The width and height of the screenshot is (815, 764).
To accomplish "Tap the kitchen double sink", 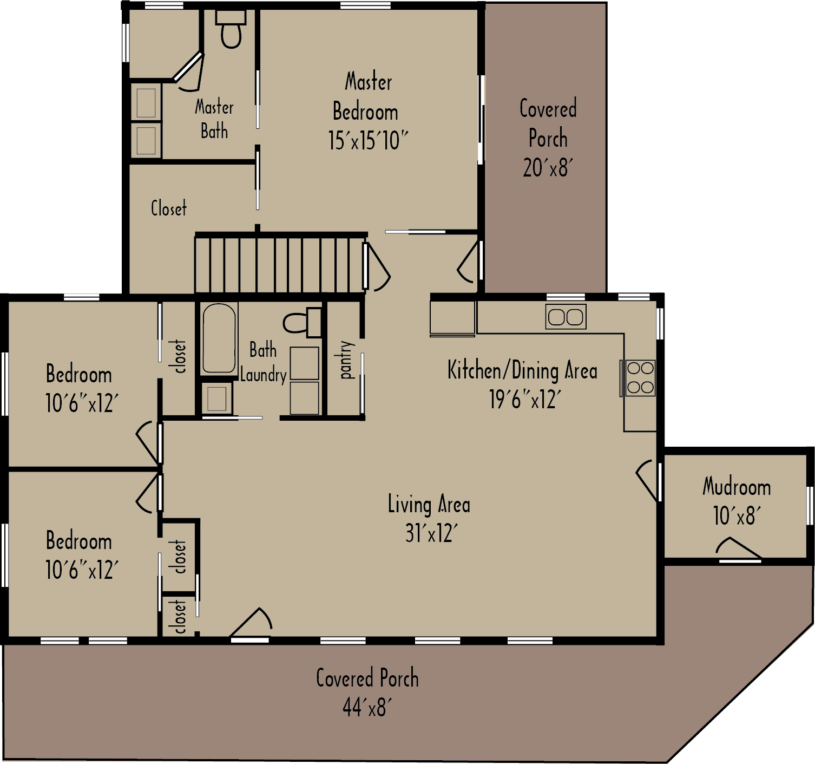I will pyautogui.click(x=566, y=317).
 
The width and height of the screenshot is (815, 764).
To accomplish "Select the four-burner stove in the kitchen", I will pyautogui.click(x=640, y=378).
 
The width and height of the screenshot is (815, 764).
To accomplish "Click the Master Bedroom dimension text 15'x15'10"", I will pyautogui.click(x=367, y=141).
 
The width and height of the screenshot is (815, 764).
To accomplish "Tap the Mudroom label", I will pyautogui.click(x=737, y=487).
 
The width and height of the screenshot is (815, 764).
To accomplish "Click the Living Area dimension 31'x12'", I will pyautogui.click(x=431, y=533).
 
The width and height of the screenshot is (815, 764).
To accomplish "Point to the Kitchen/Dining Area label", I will pyautogui.click(x=522, y=371).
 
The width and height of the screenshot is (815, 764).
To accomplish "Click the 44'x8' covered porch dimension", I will pyautogui.click(x=367, y=707).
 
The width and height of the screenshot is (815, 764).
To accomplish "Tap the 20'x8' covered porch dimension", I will pyautogui.click(x=548, y=168).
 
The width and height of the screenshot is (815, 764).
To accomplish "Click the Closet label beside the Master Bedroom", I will pyautogui.click(x=168, y=208).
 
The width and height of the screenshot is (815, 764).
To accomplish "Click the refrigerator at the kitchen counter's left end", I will pyautogui.click(x=452, y=318).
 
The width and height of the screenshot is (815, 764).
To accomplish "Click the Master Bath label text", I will pyautogui.click(x=214, y=119).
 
